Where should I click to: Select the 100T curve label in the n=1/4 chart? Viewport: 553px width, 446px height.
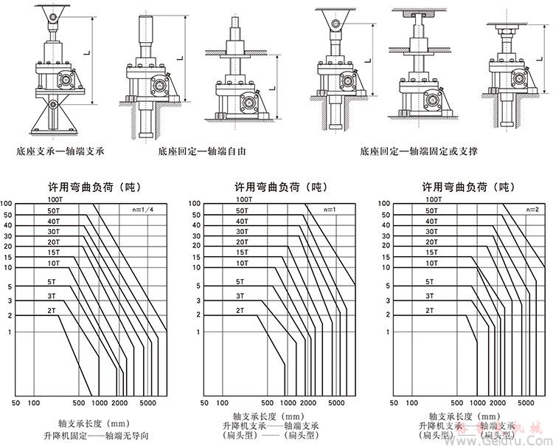click(56, 200)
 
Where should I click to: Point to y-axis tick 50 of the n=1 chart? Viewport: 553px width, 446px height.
click(195, 215)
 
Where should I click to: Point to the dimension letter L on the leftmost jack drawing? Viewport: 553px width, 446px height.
click(87, 52)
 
